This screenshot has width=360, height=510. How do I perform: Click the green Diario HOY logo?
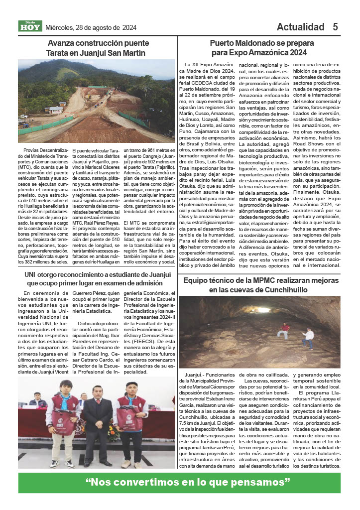30,26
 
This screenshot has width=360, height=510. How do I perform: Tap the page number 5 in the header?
336,27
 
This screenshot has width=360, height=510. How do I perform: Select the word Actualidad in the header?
300,27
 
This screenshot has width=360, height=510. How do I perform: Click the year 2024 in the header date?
128,27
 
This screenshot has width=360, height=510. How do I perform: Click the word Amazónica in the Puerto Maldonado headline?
265,52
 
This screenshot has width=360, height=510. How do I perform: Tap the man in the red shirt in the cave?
284,330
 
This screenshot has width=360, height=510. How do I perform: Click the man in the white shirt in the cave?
309,337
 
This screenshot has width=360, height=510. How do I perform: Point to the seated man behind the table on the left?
37,399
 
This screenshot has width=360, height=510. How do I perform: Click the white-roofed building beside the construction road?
54,110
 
